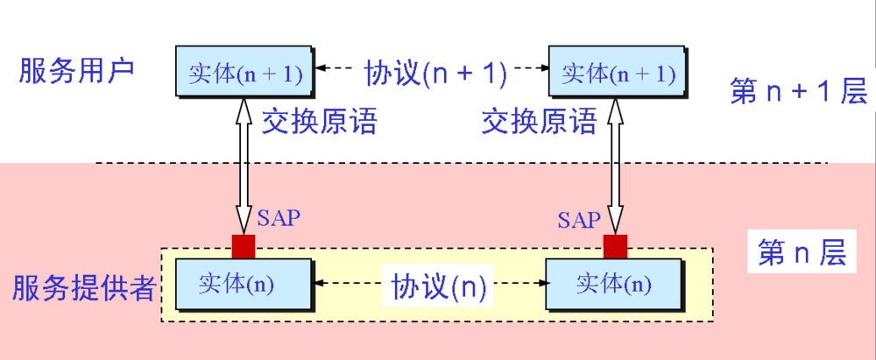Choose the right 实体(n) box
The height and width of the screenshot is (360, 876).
[x=613, y=283]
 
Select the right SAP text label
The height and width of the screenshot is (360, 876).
[x=579, y=219]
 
